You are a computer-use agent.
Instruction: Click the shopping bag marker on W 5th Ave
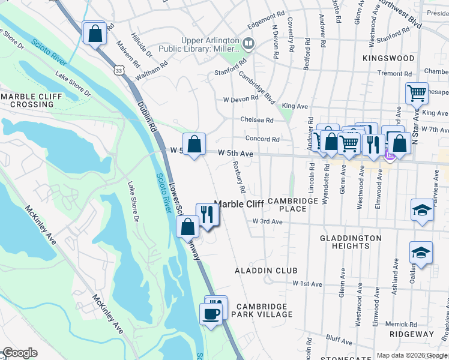(x=194, y=145)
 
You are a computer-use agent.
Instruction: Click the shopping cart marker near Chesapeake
(x=417, y=93)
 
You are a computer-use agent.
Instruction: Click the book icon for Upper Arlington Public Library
(x=247, y=44)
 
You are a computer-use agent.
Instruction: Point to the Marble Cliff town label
(x=239, y=204)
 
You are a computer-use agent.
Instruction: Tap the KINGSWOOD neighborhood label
(x=388, y=58)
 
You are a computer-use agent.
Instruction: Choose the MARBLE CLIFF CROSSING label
(x=28, y=100)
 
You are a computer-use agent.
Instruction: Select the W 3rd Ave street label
(x=267, y=221)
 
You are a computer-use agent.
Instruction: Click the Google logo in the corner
(x=19, y=353)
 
